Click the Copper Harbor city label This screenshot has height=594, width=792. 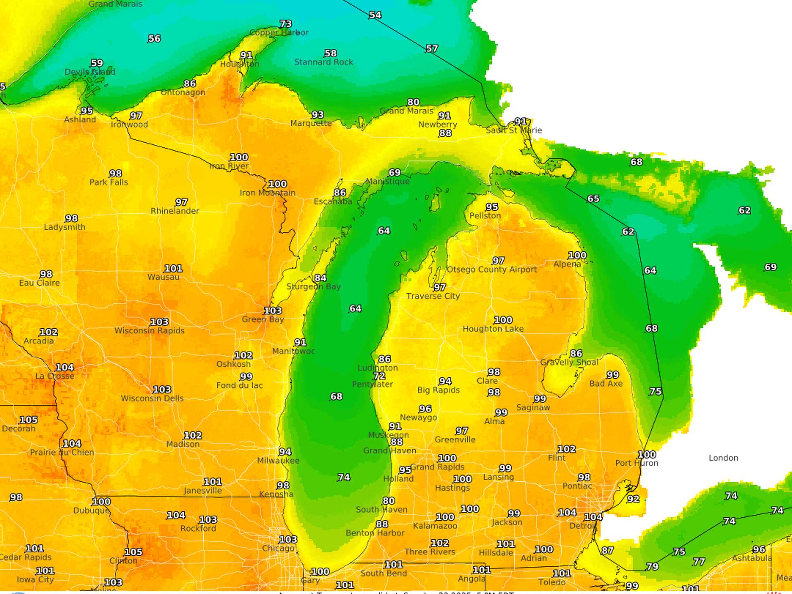coord(279,33)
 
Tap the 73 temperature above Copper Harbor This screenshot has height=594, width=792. coord(285,24)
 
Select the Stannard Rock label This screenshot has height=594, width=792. coord(323,62)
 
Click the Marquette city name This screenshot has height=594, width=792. coord(311,123)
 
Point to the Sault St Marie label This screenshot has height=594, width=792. coord(514,130)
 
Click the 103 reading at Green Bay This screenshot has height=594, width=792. coord(273,311)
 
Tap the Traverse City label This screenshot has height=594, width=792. coord(433,296)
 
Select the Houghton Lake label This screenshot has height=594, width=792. coord(493,329)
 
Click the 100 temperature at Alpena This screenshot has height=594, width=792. coord(577,255)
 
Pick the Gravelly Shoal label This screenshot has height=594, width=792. coord(569,362)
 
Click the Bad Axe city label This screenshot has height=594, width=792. coord(606,384)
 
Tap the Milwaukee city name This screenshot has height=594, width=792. coord(278,461)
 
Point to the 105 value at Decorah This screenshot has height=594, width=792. coord(28,420)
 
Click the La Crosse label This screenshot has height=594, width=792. coord(54,376)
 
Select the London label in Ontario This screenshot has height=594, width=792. coord(723,458)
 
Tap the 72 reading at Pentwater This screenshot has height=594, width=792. coord(379,376)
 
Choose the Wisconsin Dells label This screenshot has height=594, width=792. coord(152,398)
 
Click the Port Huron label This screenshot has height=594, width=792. coord(636,463)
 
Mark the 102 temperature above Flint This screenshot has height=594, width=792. coord(566,449)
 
